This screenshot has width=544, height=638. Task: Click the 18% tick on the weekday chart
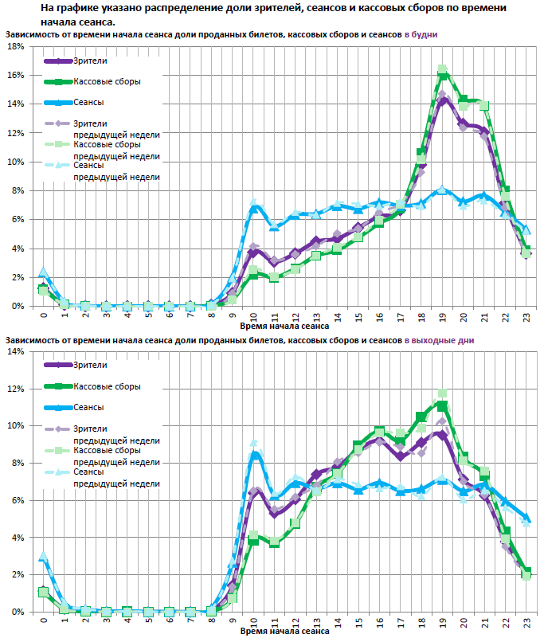tap(15, 46)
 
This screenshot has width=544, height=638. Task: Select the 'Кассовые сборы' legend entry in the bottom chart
tap(107, 386)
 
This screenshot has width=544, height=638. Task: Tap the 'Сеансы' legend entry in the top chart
tap(88, 102)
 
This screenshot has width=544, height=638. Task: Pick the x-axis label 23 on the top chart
tap(526, 316)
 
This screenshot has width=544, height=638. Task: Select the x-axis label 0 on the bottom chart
tap(43, 622)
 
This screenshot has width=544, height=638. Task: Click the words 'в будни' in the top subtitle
tap(421, 35)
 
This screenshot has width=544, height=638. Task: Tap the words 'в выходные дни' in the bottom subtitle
tap(440, 340)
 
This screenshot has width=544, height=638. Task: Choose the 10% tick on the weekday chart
tap(15, 162)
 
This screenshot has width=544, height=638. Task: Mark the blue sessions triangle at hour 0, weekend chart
tap(44, 558)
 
